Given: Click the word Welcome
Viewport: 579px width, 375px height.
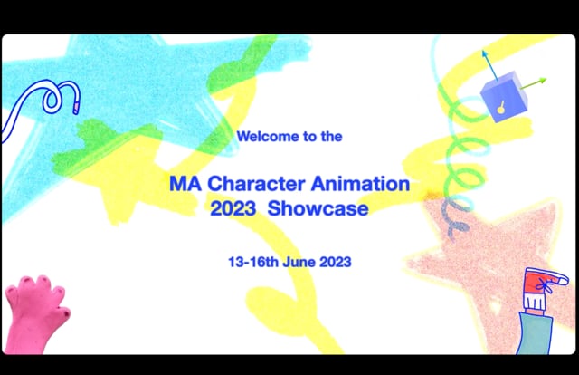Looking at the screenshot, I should (263, 138).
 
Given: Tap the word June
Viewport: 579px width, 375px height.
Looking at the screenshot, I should (299, 261).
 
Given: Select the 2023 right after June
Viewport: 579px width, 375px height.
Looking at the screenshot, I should (334, 261).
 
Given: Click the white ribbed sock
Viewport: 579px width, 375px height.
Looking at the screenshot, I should (537, 300).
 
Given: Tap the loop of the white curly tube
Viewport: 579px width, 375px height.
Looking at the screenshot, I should (60, 93).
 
